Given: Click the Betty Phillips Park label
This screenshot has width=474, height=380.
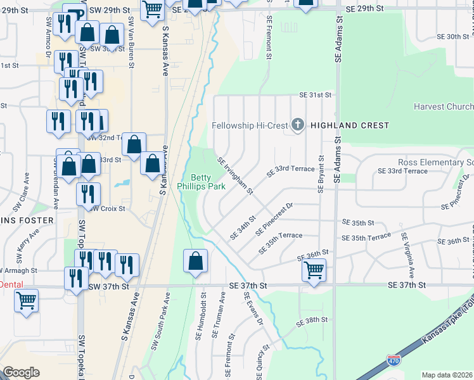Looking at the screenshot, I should pyautogui.click(x=208, y=182).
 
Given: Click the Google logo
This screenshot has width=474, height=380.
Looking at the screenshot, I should pyautogui.click(x=21, y=372).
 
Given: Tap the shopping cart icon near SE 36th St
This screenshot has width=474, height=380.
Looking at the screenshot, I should pyautogui.click(x=314, y=270).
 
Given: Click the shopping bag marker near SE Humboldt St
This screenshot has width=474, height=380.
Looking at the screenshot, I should pyautogui.click(x=196, y=261).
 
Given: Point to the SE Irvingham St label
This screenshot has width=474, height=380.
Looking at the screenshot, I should pyautogui.click(x=235, y=176).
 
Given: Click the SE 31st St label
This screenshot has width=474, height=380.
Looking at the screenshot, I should pyautogui.click(x=316, y=95).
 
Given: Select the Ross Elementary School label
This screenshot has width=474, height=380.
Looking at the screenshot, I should pyautogui.click(x=435, y=163).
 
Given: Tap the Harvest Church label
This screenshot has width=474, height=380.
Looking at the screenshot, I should pyautogui.click(x=443, y=106).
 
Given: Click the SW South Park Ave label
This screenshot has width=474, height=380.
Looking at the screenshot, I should pyautogui.click(x=160, y=322).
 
